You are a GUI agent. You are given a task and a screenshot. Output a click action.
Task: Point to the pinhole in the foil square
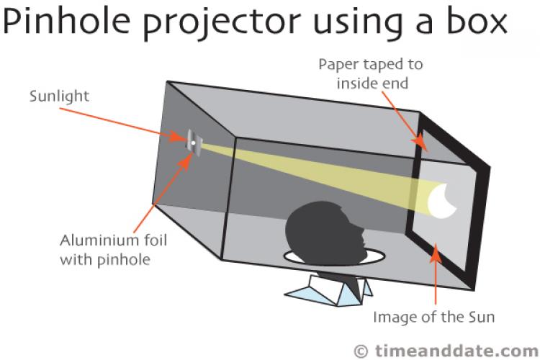click(193, 141)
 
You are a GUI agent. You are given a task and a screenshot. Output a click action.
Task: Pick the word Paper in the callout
click(338, 65)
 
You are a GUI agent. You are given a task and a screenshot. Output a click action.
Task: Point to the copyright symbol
click(362, 349)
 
